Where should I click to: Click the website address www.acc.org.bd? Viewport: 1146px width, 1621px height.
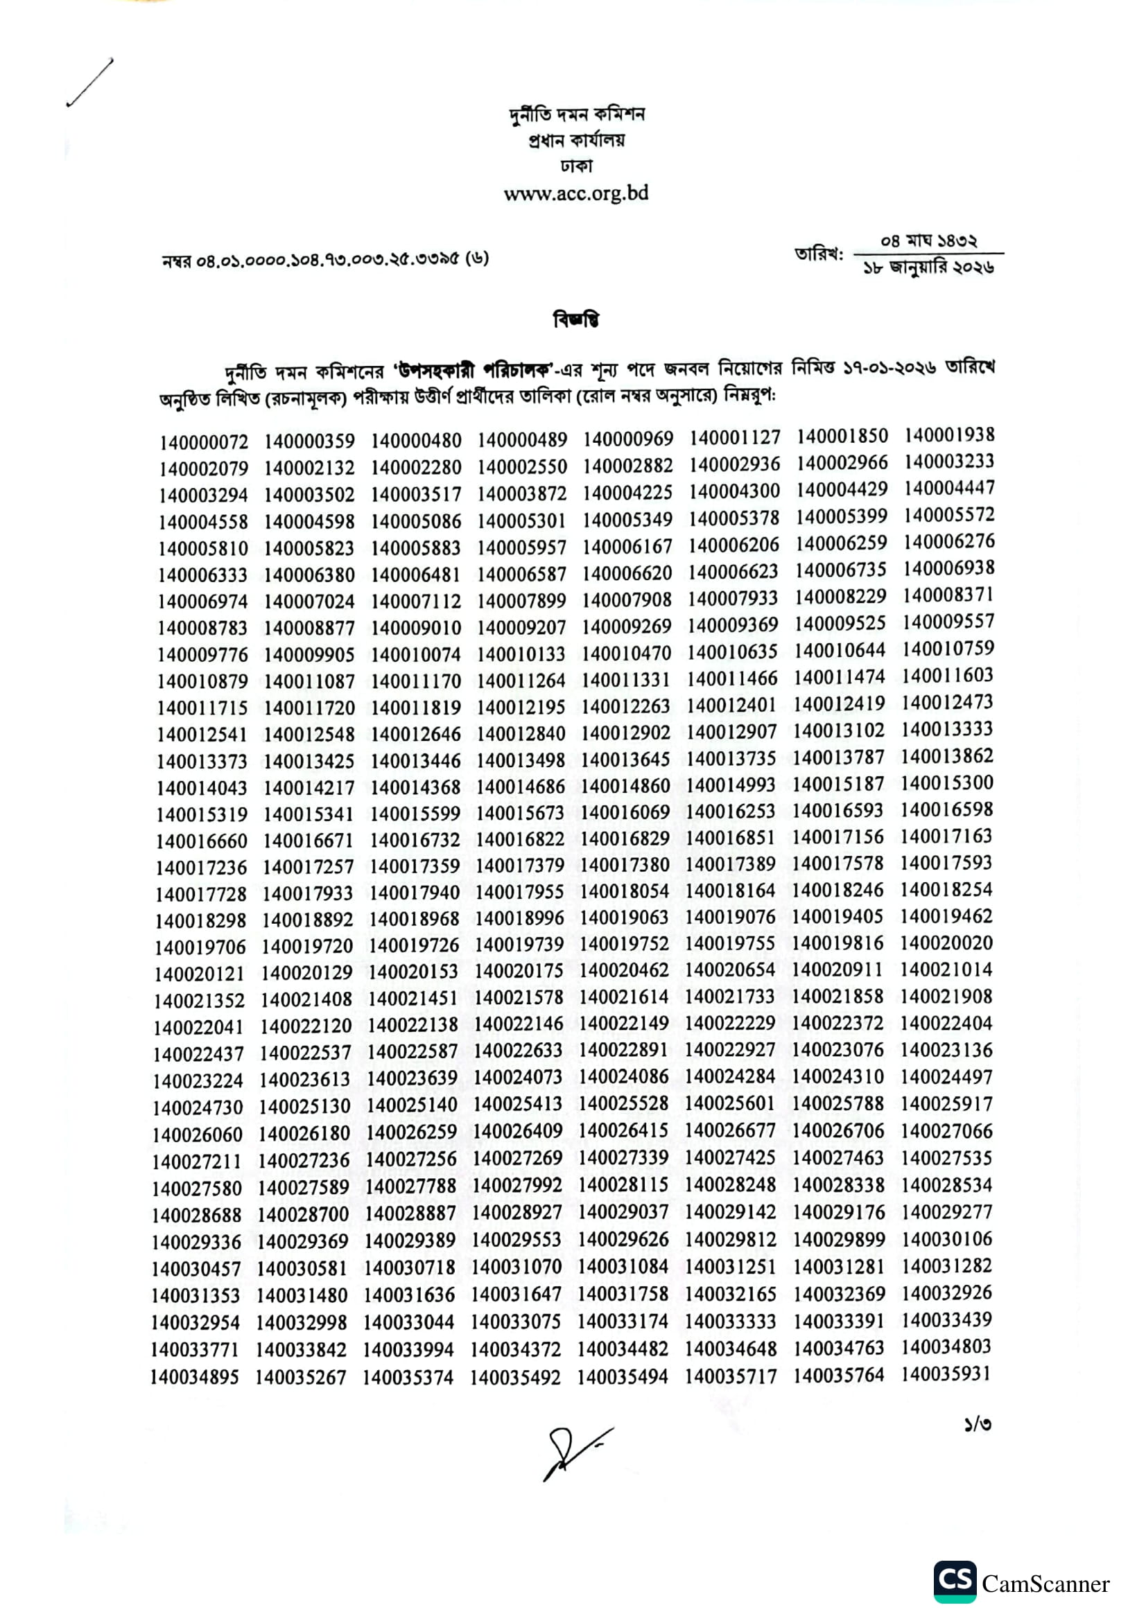coord(575,193)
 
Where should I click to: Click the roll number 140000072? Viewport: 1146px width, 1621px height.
coord(203,443)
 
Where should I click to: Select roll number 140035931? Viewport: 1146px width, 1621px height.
coord(946,1373)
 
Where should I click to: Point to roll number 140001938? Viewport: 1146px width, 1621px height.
coord(949,435)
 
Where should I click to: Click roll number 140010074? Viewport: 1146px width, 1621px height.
coord(416,654)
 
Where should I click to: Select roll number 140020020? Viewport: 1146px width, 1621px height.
coord(946,943)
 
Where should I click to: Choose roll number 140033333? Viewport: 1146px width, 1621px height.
coord(730,1321)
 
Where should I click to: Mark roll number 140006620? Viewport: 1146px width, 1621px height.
coord(627,573)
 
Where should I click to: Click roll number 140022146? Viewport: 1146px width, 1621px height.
coord(519,1024)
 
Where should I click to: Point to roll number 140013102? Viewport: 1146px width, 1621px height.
coord(838,730)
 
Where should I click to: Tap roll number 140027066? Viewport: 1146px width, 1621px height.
coord(946,1131)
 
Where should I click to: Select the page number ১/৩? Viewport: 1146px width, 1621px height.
coord(978,1424)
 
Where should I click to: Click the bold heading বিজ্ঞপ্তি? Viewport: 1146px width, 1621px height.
coord(575,319)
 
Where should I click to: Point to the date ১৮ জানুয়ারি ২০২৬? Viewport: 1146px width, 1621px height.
coord(928,268)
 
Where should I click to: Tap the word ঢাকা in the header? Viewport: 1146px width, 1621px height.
coord(575,166)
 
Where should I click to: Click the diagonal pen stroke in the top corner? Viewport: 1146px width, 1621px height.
coord(89,82)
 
